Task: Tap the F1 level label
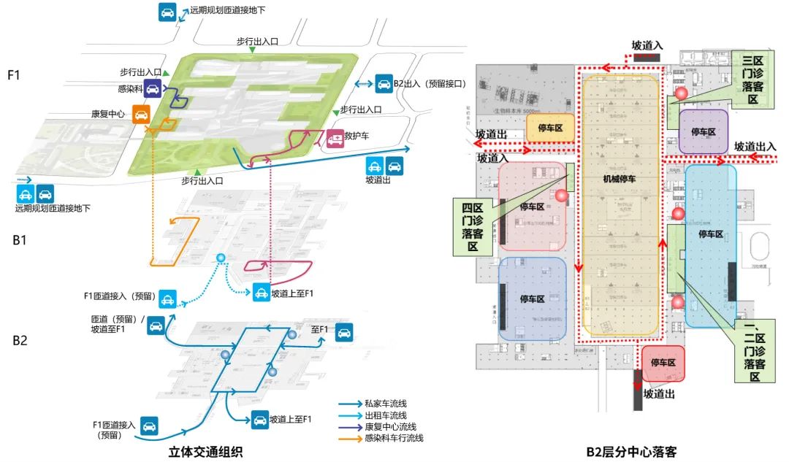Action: point(16,75)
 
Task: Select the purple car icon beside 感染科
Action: point(152,89)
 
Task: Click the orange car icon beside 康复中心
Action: point(141,113)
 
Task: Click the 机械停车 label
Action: point(620,177)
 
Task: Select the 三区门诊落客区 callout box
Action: point(752,80)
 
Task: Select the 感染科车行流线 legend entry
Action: point(393,438)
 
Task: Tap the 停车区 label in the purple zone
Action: point(704,132)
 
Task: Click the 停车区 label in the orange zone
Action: point(551,127)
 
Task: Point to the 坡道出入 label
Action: point(755,146)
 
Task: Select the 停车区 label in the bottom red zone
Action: point(663,363)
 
